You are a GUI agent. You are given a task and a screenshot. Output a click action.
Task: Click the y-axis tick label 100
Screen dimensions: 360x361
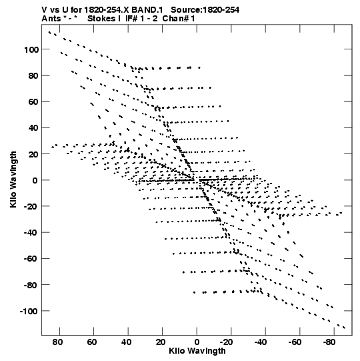tap(31, 49)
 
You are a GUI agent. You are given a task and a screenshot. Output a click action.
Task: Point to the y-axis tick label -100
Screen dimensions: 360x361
tap(29, 312)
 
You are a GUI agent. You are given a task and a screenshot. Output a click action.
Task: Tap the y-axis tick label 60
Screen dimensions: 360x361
tap(33, 102)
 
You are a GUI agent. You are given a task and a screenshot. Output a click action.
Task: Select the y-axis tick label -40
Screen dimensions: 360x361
tap(31, 233)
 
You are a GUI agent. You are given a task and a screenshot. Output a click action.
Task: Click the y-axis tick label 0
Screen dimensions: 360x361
tap(35, 180)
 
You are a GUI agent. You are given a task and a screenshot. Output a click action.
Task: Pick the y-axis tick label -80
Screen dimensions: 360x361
tap(31, 285)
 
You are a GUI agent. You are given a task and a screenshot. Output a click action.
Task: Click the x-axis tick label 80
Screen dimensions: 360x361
tap(57, 342)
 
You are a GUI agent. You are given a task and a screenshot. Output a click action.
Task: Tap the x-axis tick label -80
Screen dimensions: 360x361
tap(329, 342)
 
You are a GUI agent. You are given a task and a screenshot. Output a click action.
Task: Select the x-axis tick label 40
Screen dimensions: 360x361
tap(126, 342)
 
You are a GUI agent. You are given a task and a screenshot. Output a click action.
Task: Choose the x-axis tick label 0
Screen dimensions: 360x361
tap(197, 342)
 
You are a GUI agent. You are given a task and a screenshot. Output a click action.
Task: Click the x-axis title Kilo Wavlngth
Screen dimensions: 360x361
tap(197, 351)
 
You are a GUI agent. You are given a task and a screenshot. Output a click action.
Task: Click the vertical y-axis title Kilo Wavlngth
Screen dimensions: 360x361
tap(13, 179)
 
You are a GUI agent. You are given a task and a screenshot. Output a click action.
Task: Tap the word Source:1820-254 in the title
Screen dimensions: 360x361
tap(205, 10)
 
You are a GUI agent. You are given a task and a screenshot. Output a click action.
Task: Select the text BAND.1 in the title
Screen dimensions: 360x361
tap(147, 10)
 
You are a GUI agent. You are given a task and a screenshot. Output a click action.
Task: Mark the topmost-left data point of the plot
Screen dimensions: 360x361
tap(49, 32)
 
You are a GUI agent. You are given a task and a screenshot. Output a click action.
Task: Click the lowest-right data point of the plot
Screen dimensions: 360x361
tap(345, 328)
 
